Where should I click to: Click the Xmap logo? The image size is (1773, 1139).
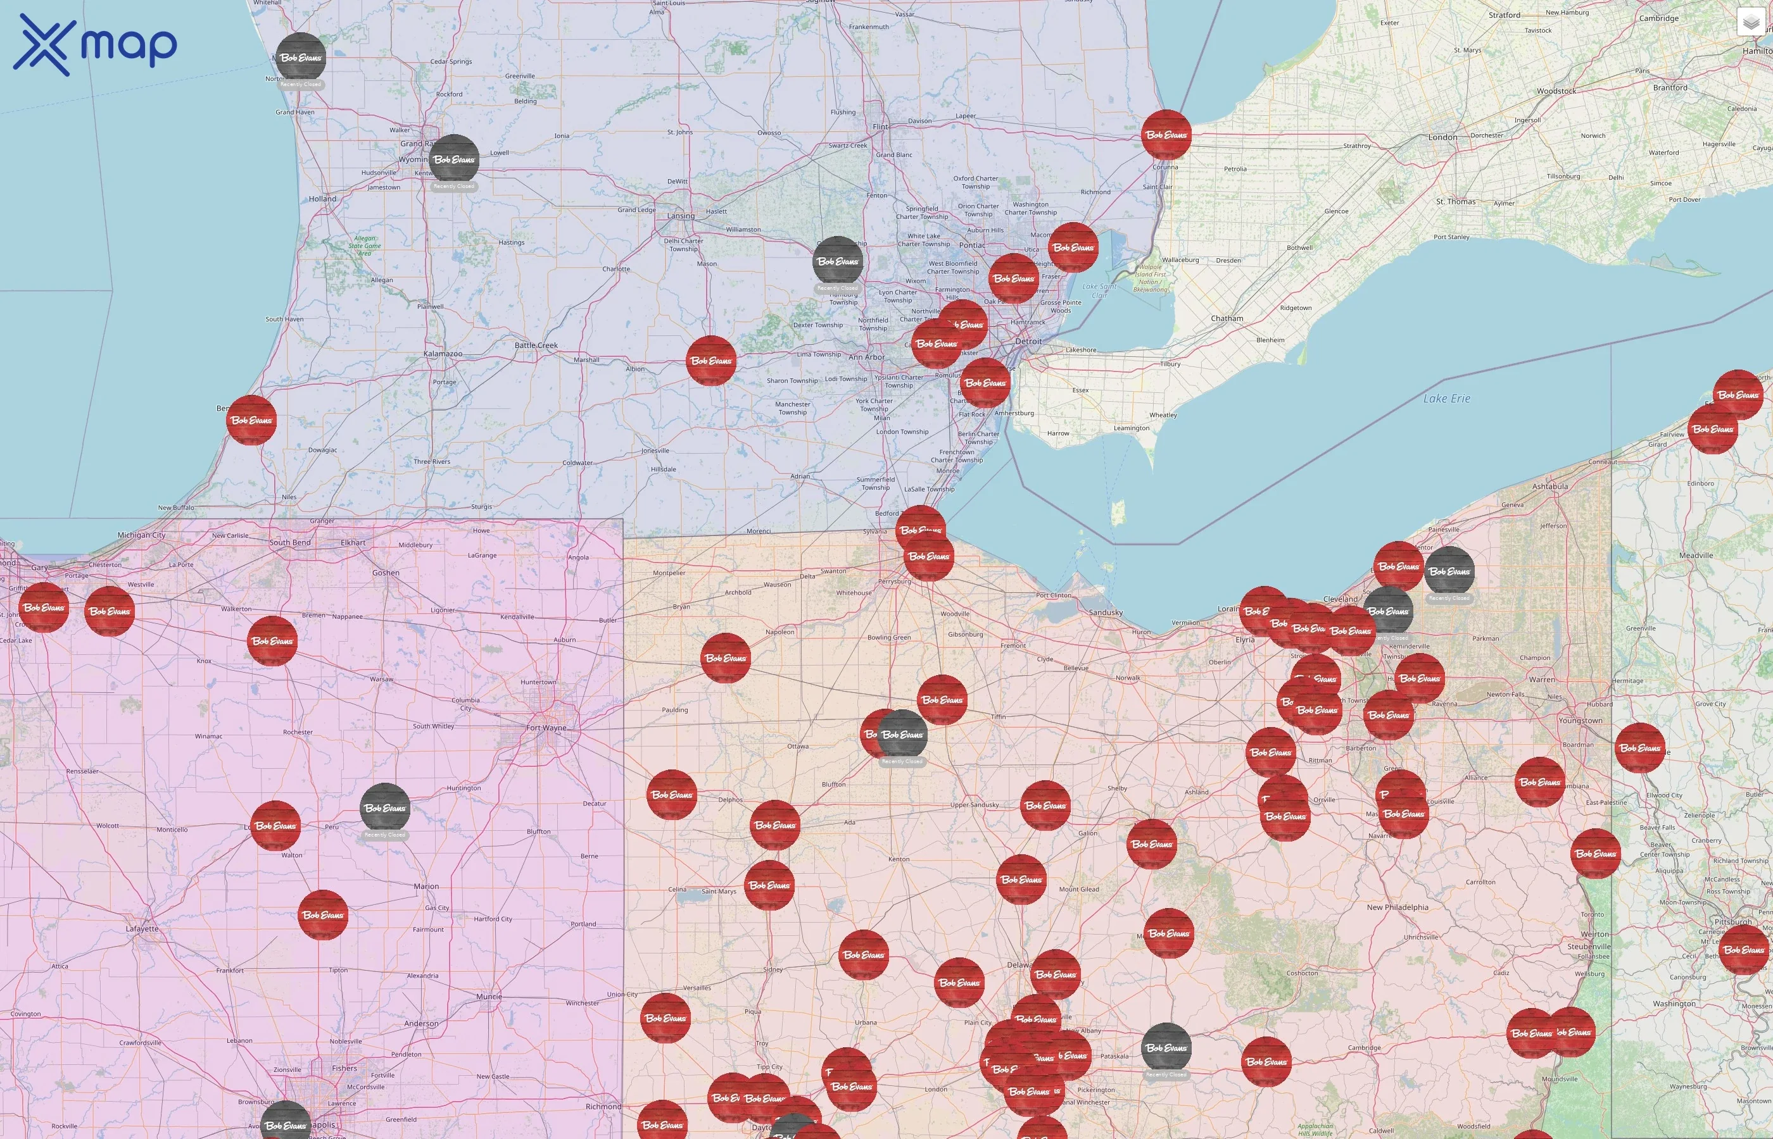[x=95, y=44]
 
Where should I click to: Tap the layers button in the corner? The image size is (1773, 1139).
[x=1751, y=23]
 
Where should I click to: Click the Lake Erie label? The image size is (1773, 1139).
[x=1447, y=399]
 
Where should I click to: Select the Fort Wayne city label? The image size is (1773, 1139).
[x=546, y=728]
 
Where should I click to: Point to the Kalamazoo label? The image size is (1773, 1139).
[x=443, y=354]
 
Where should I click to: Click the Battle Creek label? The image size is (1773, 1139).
[x=536, y=345]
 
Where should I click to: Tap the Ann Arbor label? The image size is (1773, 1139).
[x=866, y=358]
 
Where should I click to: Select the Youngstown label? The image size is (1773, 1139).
[x=1580, y=720]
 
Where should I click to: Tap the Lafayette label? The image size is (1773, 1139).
[x=141, y=928]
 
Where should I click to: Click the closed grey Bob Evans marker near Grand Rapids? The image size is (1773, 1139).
[x=453, y=159]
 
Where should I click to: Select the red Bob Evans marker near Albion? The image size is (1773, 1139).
[x=711, y=360]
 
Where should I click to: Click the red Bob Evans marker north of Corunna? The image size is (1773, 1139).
[x=1166, y=135]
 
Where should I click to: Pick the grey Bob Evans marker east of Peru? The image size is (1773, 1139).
[x=385, y=807]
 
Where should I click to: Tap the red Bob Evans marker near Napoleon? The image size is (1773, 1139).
[x=725, y=657]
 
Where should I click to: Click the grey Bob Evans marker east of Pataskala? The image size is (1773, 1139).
[x=1166, y=1047]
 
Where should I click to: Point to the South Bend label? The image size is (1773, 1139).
[x=290, y=542]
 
